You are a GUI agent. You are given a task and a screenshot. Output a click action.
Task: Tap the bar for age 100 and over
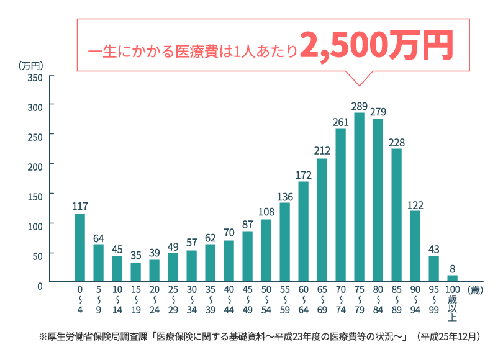[452, 278]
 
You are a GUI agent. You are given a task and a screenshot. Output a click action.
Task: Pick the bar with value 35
[135, 272]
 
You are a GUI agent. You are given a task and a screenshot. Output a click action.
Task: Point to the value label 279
[378, 112]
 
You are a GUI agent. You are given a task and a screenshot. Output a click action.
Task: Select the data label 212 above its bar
[322, 151]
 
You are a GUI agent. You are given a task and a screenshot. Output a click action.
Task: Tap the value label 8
[452, 268]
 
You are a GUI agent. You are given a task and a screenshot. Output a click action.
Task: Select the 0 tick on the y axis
[40, 286]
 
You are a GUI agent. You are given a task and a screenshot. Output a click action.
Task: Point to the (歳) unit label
[475, 289]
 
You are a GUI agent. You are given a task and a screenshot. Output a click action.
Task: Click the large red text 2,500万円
[375, 47]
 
